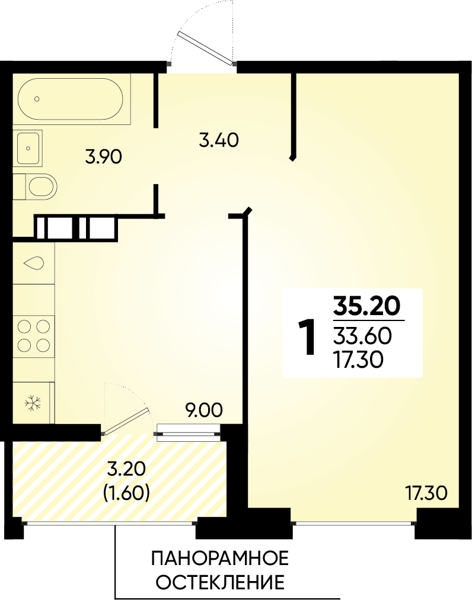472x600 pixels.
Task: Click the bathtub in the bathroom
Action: [x=71, y=99]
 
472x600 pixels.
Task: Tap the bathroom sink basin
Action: [x=28, y=148]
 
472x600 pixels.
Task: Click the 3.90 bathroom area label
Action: [x=103, y=158]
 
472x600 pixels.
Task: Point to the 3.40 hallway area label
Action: [x=219, y=140]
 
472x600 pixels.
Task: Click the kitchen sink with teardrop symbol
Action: [x=34, y=263]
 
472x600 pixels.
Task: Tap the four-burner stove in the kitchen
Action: [x=34, y=336]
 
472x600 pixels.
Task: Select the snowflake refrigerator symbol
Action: [x=33, y=403]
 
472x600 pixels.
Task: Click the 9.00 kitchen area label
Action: [x=203, y=410]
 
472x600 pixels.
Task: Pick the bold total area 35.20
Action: [x=366, y=306]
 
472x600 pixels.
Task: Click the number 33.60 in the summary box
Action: [x=362, y=336]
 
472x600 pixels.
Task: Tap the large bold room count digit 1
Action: [x=308, y=337]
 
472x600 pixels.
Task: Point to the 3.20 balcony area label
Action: [x=126, y=468]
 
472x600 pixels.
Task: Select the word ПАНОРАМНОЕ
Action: [x=219, y=559]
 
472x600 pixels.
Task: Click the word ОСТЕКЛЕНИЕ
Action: [x=221, y=582]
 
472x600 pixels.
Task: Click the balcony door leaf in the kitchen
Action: [x=126, y=422]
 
